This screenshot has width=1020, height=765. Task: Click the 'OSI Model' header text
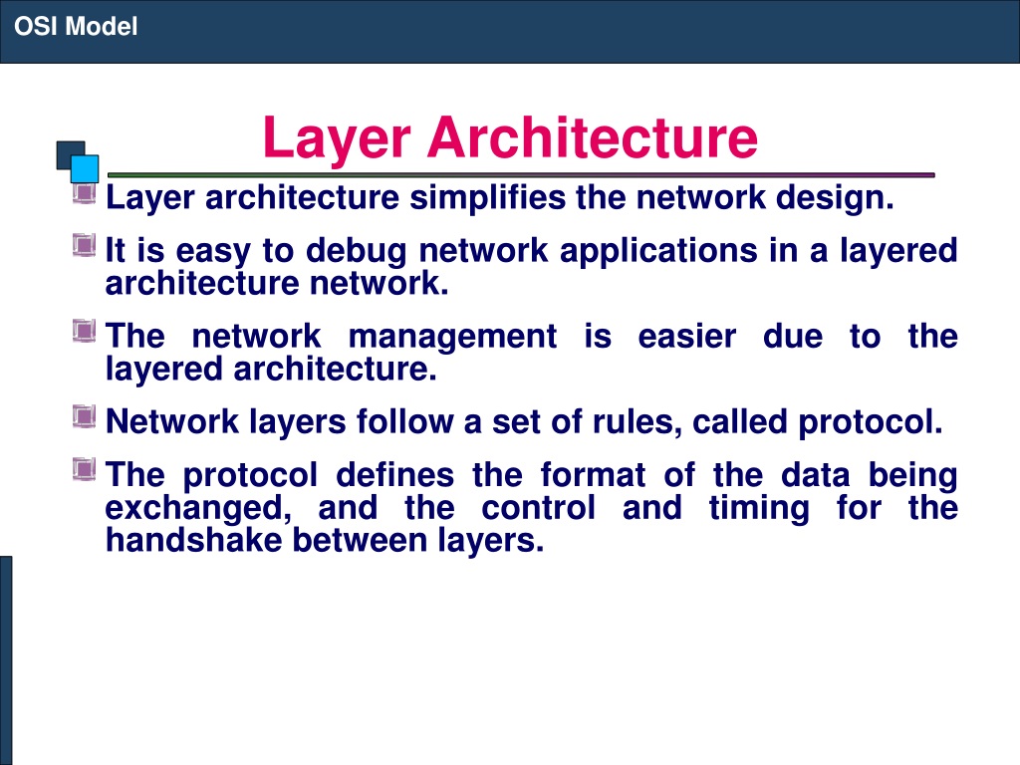click(x=76, y=27)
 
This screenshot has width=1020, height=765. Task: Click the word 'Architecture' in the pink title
click(x=592, y=137)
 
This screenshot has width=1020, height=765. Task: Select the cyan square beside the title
click(x=85, y=168)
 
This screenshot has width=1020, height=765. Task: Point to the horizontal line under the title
click(x=521, y=175)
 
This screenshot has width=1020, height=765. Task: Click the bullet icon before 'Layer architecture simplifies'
click(x=84, y=192)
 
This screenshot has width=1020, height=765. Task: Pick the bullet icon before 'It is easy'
click(x=84, y=245)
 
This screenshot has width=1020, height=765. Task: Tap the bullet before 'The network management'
click(x=84, y=331)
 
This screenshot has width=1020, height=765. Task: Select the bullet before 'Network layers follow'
click(x=84, y=416)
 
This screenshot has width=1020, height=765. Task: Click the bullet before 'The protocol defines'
click(x=84, y=470)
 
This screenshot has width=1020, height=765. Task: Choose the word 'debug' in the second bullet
click(x=357, y=252)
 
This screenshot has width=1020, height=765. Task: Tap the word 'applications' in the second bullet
click(x=659, y=252)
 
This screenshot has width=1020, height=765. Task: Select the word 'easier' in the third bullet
click(x=687, y=337)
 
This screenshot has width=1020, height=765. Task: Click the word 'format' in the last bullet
click(x=593, y=475)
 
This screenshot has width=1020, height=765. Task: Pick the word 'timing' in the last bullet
click(x=759, y=509)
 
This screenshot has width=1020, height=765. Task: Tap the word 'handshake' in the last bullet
click(x=194, y=540)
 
